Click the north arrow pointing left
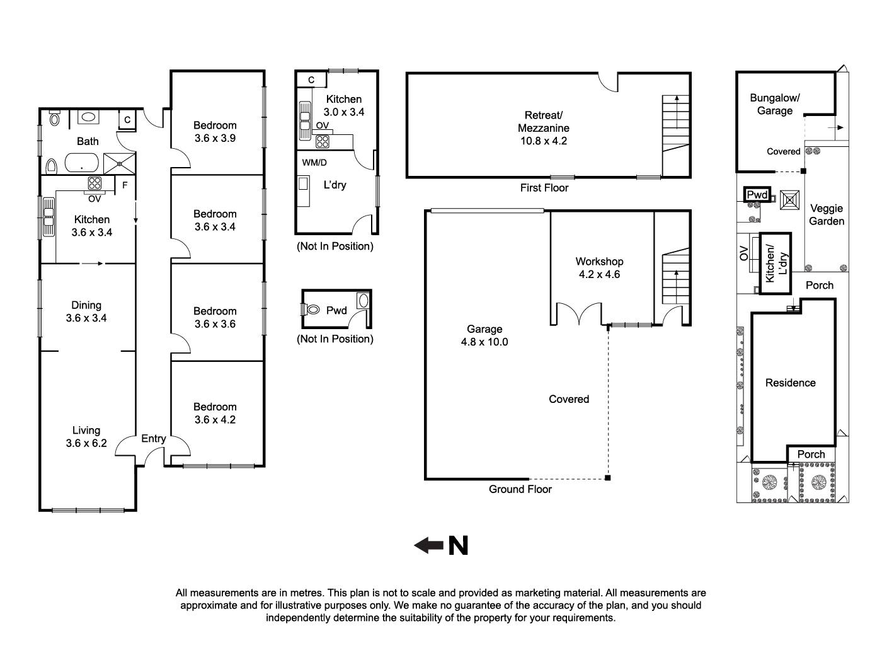pyautogui.click(x=428, y=545)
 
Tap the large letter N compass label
pyautogui.click(x=458, y=545)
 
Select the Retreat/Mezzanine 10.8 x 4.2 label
pyautogui.click(x=543, y=128)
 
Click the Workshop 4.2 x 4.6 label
pyautogui.click(x=599, y=267)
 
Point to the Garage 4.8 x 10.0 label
pyautogui.click(x=484, y=335)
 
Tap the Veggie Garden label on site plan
pyautogui.click(x=826, y=214)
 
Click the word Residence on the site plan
pyautogui.click(x=790, y=383)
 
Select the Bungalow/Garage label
pyautogui.click(x=774, y=104)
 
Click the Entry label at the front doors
pyautogui.click(x=153, y=439)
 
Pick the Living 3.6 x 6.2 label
pyautogui.click(x=86, y=436)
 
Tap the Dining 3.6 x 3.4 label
pyautogui.click(x=86, y=311)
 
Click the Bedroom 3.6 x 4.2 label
pyautogui.click(x=215, y=413)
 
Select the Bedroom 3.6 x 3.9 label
pyautogui.click(x=215, y=131)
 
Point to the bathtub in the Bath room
pyautogui.click(x=81, y=165)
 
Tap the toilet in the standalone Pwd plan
pyautogui.click(x=313, y=310)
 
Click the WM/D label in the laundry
pyautogui.click(x=314, y=163)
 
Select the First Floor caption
pyautogui.click(x=544, y=187)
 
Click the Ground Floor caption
pyautogui.click(x=520, y=489)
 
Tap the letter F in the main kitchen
pyautogui.click(x=125, y=185)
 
